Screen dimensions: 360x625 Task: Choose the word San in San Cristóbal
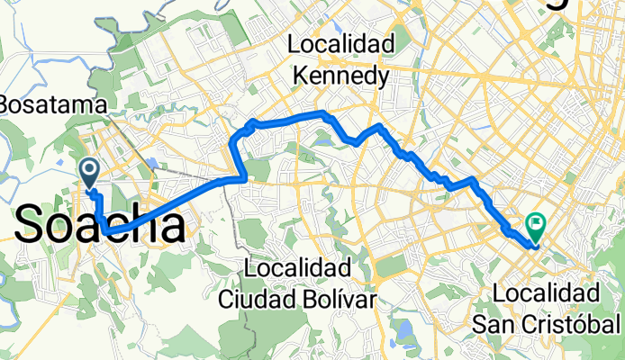pos(510,322)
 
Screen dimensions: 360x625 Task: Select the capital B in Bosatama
pos(6,104)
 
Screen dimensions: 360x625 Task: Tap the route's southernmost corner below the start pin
pos(106,231)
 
